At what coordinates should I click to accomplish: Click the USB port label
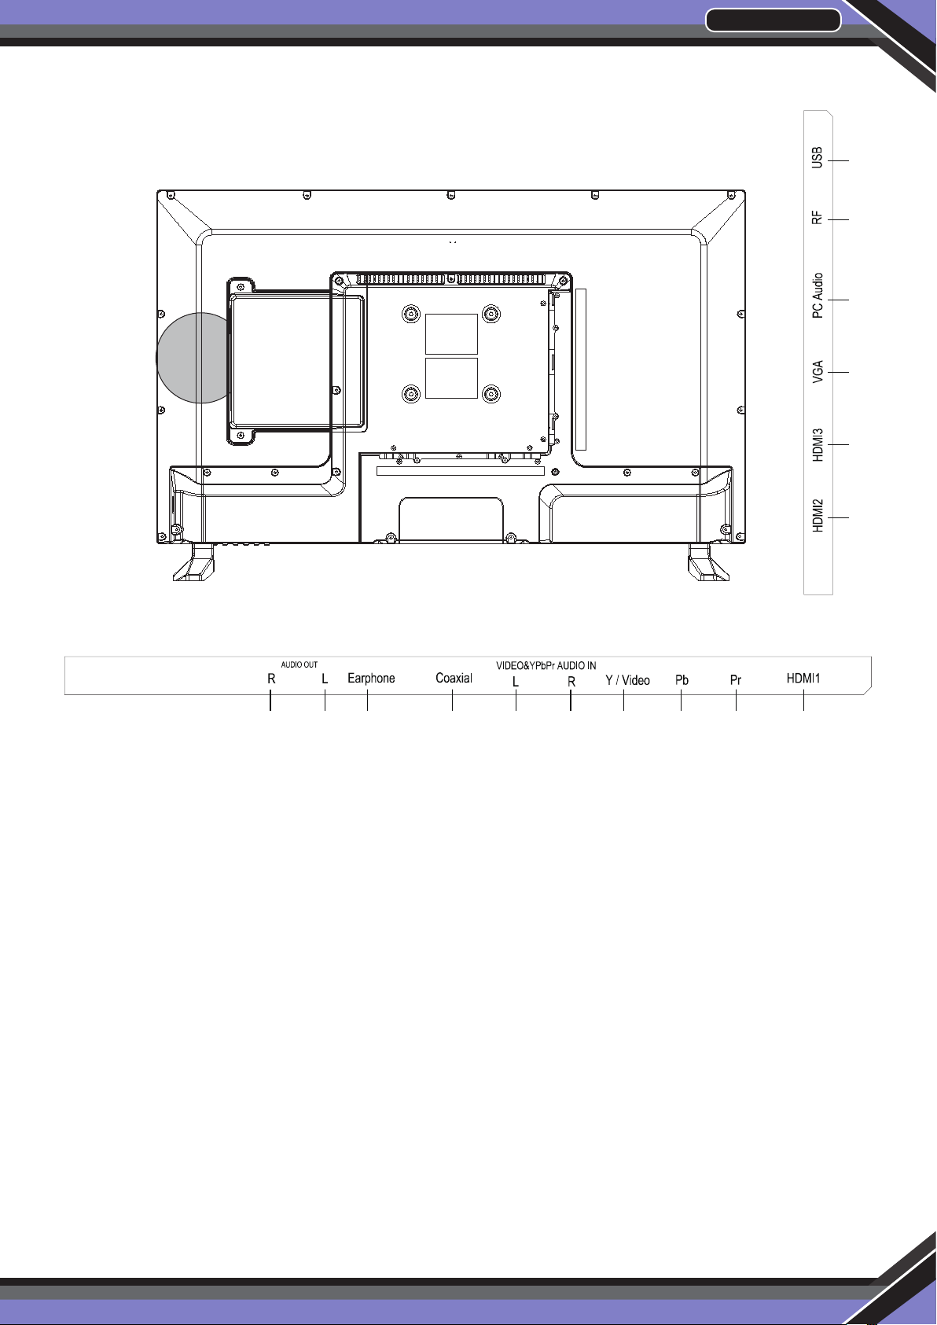click(x=817, y=157)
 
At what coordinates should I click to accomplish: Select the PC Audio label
click(x=817, y=296)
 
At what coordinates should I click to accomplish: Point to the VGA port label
click(x=817, y=371)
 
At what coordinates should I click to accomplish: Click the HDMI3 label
click(x=817, y=445)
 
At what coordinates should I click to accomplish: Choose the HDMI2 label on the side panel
click(x=817, y=516)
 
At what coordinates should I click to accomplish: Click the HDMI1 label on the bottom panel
click(x=803, y=678)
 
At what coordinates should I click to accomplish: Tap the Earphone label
click(x=371, y=679)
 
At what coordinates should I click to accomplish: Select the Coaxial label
click(x=454, y=678)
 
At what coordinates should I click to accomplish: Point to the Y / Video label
click(x=628, y=680)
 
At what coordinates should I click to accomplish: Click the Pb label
click(x=682, y=680)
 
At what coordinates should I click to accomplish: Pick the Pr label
click(x=736, y=680)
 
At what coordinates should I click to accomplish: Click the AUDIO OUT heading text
click(x=299, y=665)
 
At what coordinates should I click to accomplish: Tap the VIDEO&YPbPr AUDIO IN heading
click(x=546, y=665)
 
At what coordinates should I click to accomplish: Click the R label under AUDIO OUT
click(x=271, y=679)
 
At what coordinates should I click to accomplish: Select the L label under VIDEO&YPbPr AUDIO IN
click(x=516, y=682)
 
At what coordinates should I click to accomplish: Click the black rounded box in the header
click(x=773, y=20)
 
